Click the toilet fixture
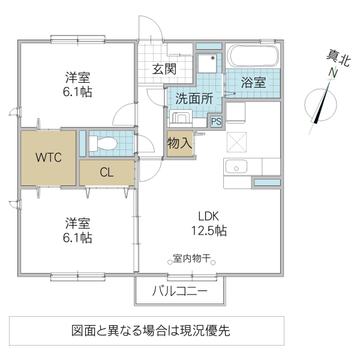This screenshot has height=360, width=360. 103,143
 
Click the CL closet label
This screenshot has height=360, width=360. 106,173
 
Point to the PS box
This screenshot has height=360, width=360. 215,121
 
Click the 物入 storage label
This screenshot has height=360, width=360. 179,143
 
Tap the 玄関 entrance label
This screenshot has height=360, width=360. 164,68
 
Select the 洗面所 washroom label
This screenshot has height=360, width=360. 194,99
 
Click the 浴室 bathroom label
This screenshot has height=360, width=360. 253,82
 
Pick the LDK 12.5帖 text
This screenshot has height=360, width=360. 209,223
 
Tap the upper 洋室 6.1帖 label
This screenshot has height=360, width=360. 79,85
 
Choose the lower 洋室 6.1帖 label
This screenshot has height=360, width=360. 79,230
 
